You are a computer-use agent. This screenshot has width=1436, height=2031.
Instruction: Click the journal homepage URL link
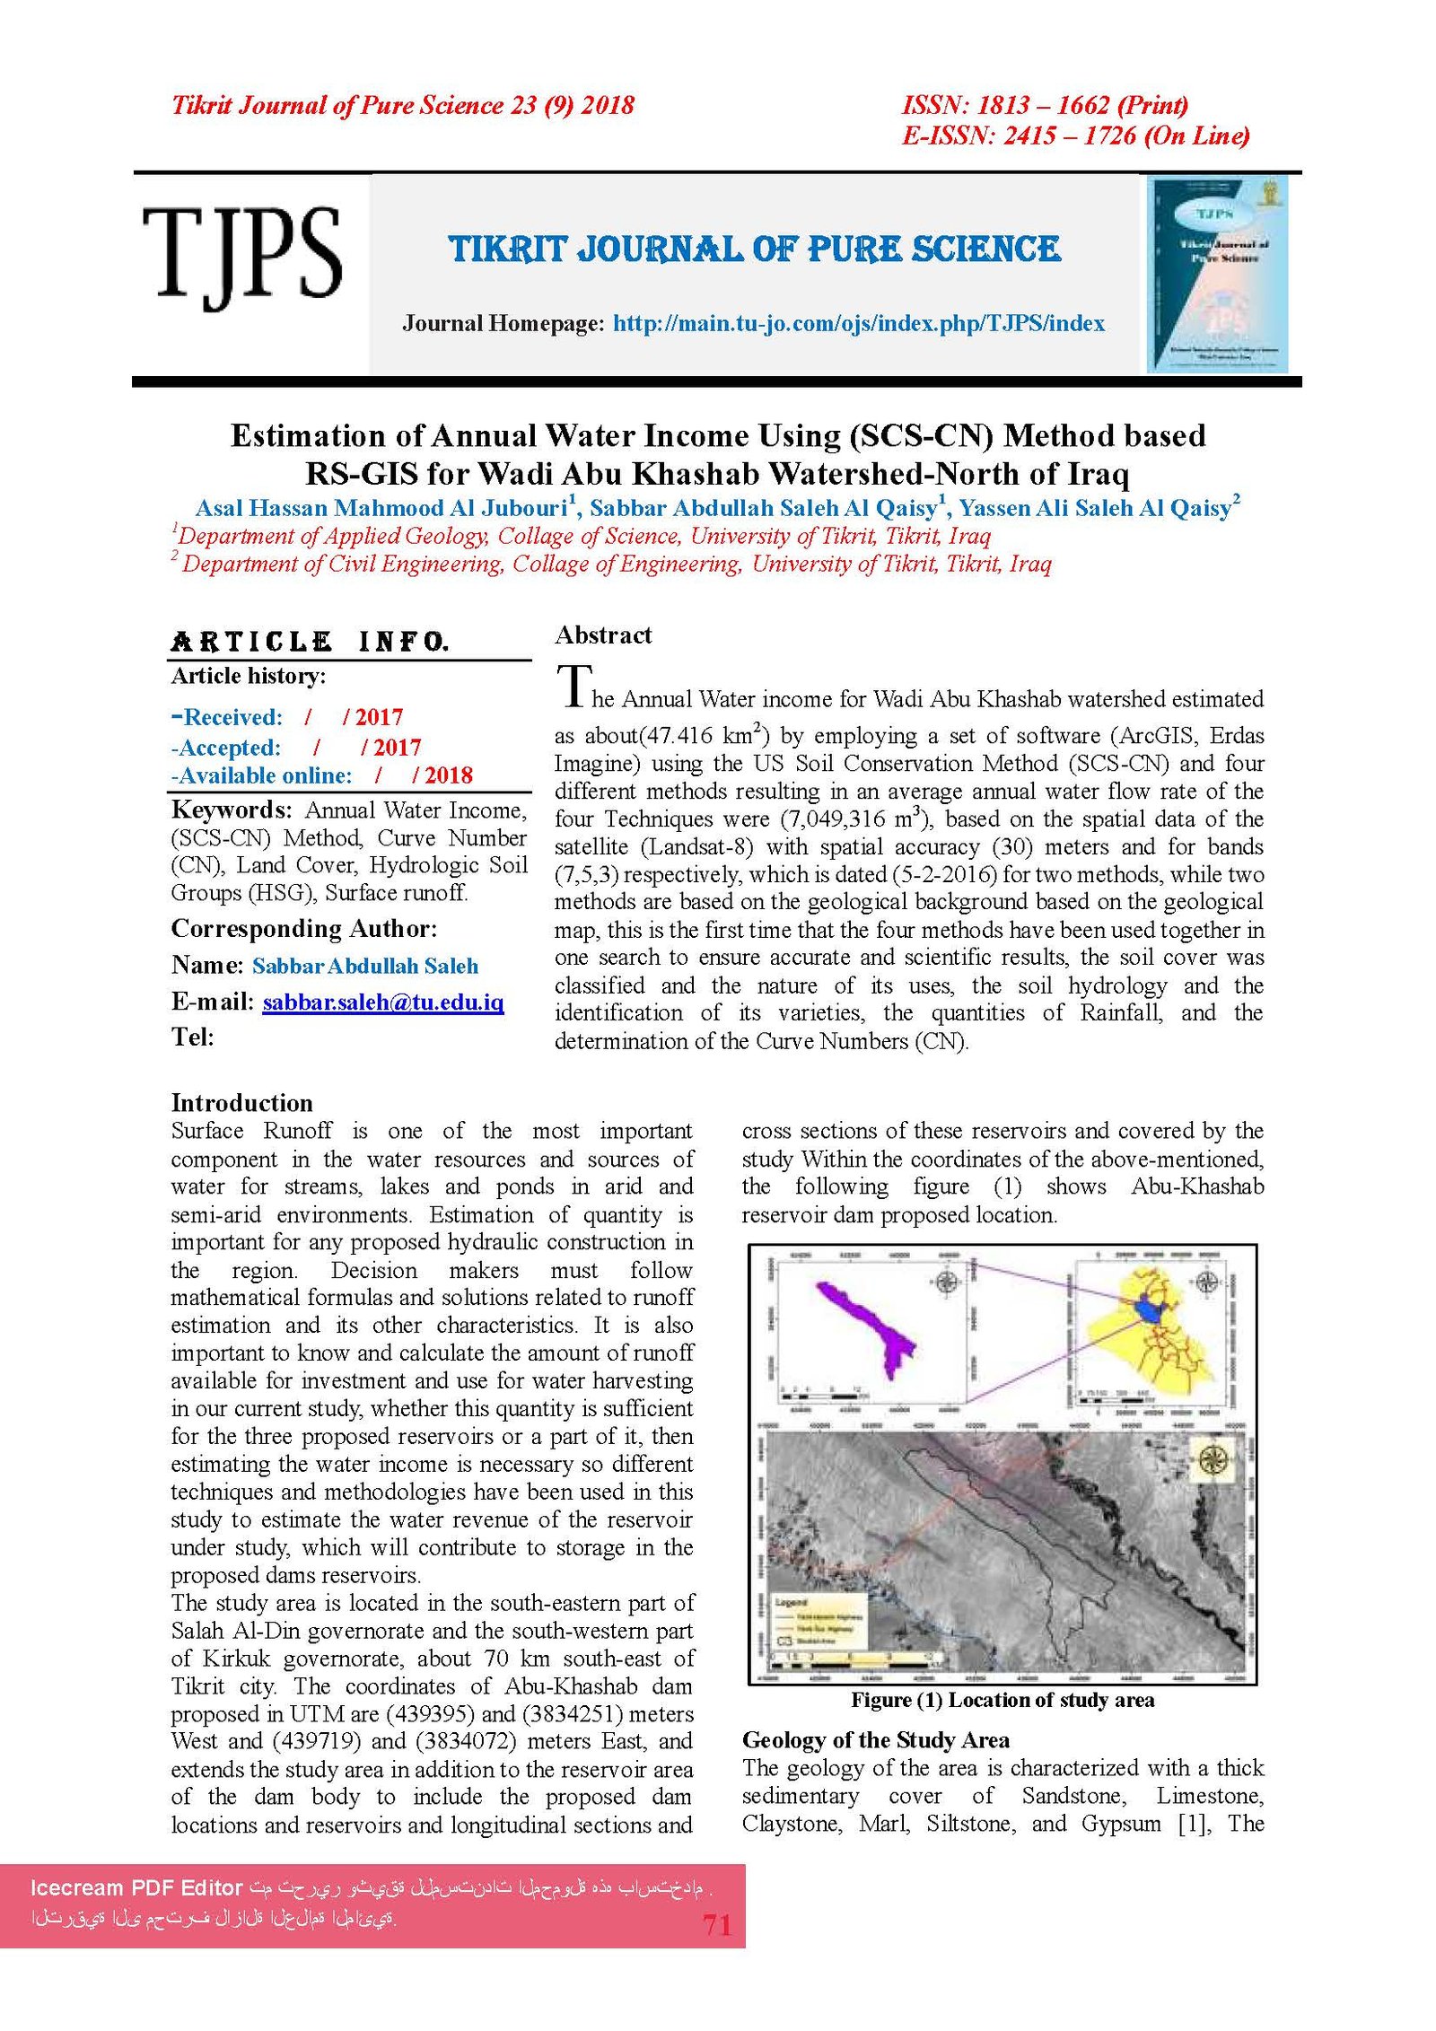[858, 324]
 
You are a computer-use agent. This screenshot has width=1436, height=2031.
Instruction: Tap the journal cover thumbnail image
[1216, 274]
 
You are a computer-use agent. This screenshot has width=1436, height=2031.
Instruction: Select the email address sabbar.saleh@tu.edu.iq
[382, 1002]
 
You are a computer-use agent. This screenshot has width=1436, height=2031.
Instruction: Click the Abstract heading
[602, 635]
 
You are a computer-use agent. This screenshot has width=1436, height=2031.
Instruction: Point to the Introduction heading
[241, 1103]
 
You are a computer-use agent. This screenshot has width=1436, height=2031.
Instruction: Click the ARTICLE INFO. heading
[310, 643]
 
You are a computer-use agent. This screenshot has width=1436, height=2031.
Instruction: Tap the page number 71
[716, 1924]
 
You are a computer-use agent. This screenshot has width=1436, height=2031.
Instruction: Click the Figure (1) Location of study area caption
[1002, 1700]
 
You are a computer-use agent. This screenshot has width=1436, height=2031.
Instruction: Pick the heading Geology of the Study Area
[875, 1740]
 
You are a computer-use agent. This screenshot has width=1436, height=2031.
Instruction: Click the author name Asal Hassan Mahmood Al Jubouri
[381, 508]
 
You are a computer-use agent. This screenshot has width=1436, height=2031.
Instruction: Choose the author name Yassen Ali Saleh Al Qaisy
[1095, 508]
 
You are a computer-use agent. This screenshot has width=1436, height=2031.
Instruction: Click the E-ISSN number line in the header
[1074, 136]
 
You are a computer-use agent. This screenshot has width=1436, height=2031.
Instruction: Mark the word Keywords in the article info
[231, 810]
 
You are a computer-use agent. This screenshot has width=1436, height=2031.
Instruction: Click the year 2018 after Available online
[448, 775]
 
